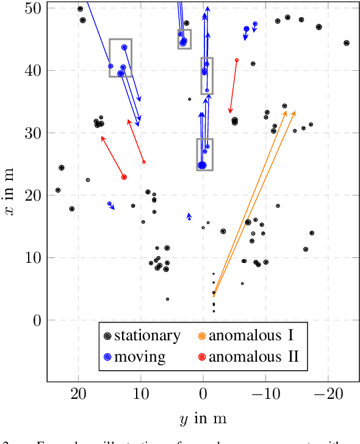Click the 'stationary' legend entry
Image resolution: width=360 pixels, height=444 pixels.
(143, 335)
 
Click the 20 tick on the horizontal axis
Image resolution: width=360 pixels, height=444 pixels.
(78, 395)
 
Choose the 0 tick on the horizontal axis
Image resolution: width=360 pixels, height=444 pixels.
(203, 395)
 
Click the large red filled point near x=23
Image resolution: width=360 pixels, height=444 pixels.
(124, 177)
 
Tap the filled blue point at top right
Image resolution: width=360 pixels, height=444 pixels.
(247, 29)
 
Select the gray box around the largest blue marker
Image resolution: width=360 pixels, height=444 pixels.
(204, 154)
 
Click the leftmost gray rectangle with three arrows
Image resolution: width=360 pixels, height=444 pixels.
(120, 57)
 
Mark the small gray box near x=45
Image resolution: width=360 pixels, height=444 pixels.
(184, 38)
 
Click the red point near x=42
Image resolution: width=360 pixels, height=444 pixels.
(237, 60)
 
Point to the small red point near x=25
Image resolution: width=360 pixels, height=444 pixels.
(143, 162)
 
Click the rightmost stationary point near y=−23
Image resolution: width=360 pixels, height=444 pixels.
(346, 43)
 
